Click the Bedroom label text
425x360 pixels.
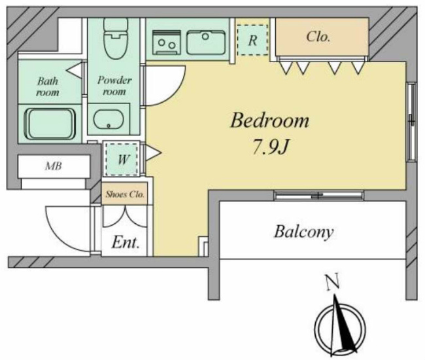[x=269, y=120]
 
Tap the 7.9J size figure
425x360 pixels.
[x=270, y=147]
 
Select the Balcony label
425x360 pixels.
[x=304, y=232]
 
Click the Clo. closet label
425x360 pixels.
[x=318, y=37]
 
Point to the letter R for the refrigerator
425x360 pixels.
[x=252, y=41]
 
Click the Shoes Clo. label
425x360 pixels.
[x=125, y=194]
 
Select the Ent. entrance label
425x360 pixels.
[x=126, y=242]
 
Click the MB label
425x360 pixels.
[x=54, y=166]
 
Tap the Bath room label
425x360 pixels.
[x=48, y=86]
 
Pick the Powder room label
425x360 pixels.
[x=114, y=86]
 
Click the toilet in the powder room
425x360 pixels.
[x=116, y=38]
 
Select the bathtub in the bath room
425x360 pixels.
[x=50, y=124]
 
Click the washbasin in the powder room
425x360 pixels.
[x=109, y=119]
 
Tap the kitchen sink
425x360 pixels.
[x=206, y=43]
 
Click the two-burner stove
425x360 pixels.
[x=167, y=43]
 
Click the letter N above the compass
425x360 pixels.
[x=333, y=282]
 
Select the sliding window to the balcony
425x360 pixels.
[x=318, y=195]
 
